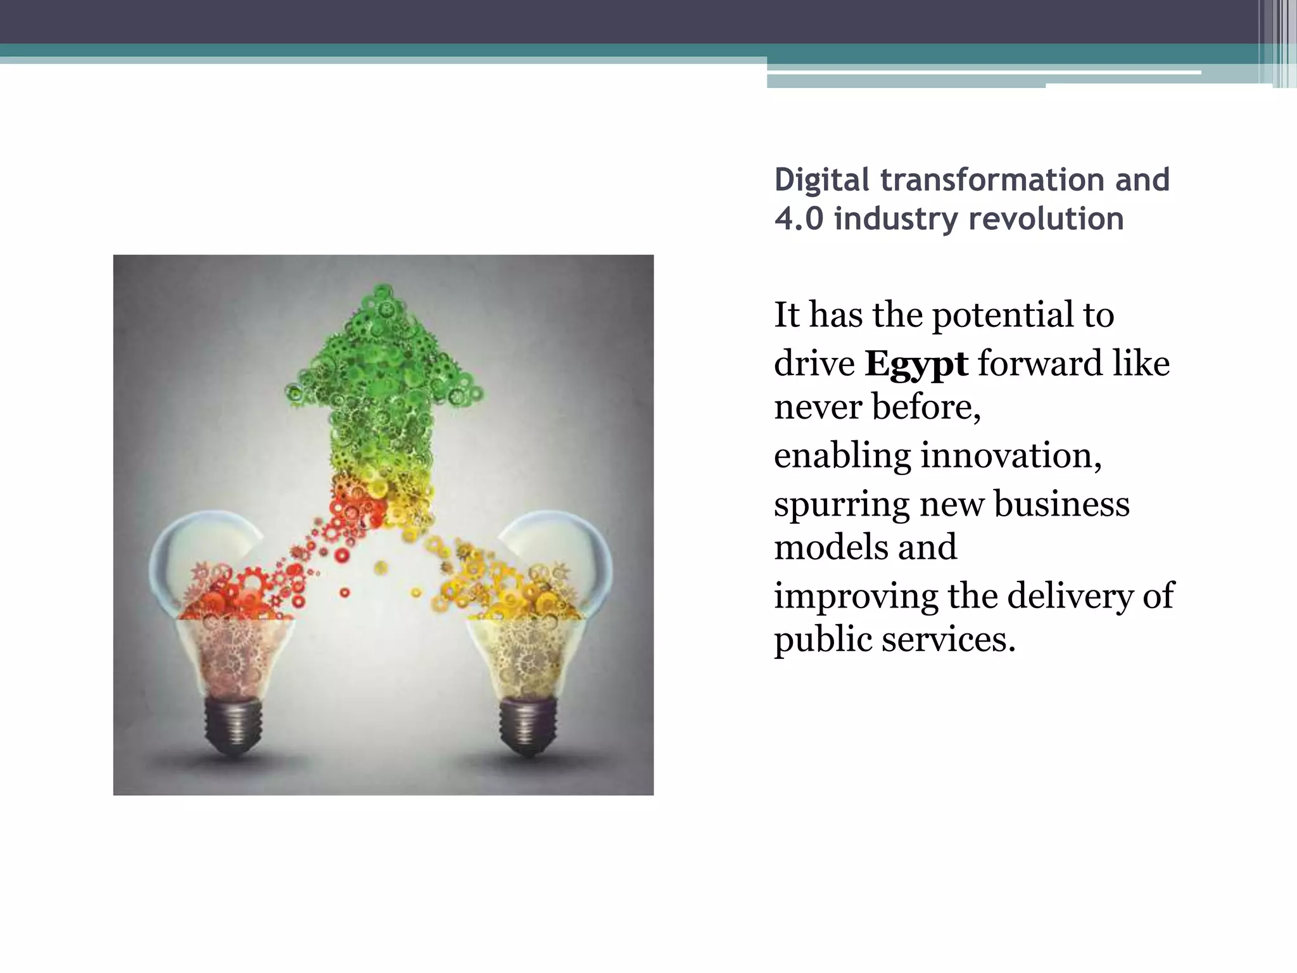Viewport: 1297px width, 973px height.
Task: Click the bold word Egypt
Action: tap(916, 365)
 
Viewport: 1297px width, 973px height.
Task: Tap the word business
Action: tap(1061, 505)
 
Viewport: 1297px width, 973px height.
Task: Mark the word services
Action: tap(948, 640)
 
